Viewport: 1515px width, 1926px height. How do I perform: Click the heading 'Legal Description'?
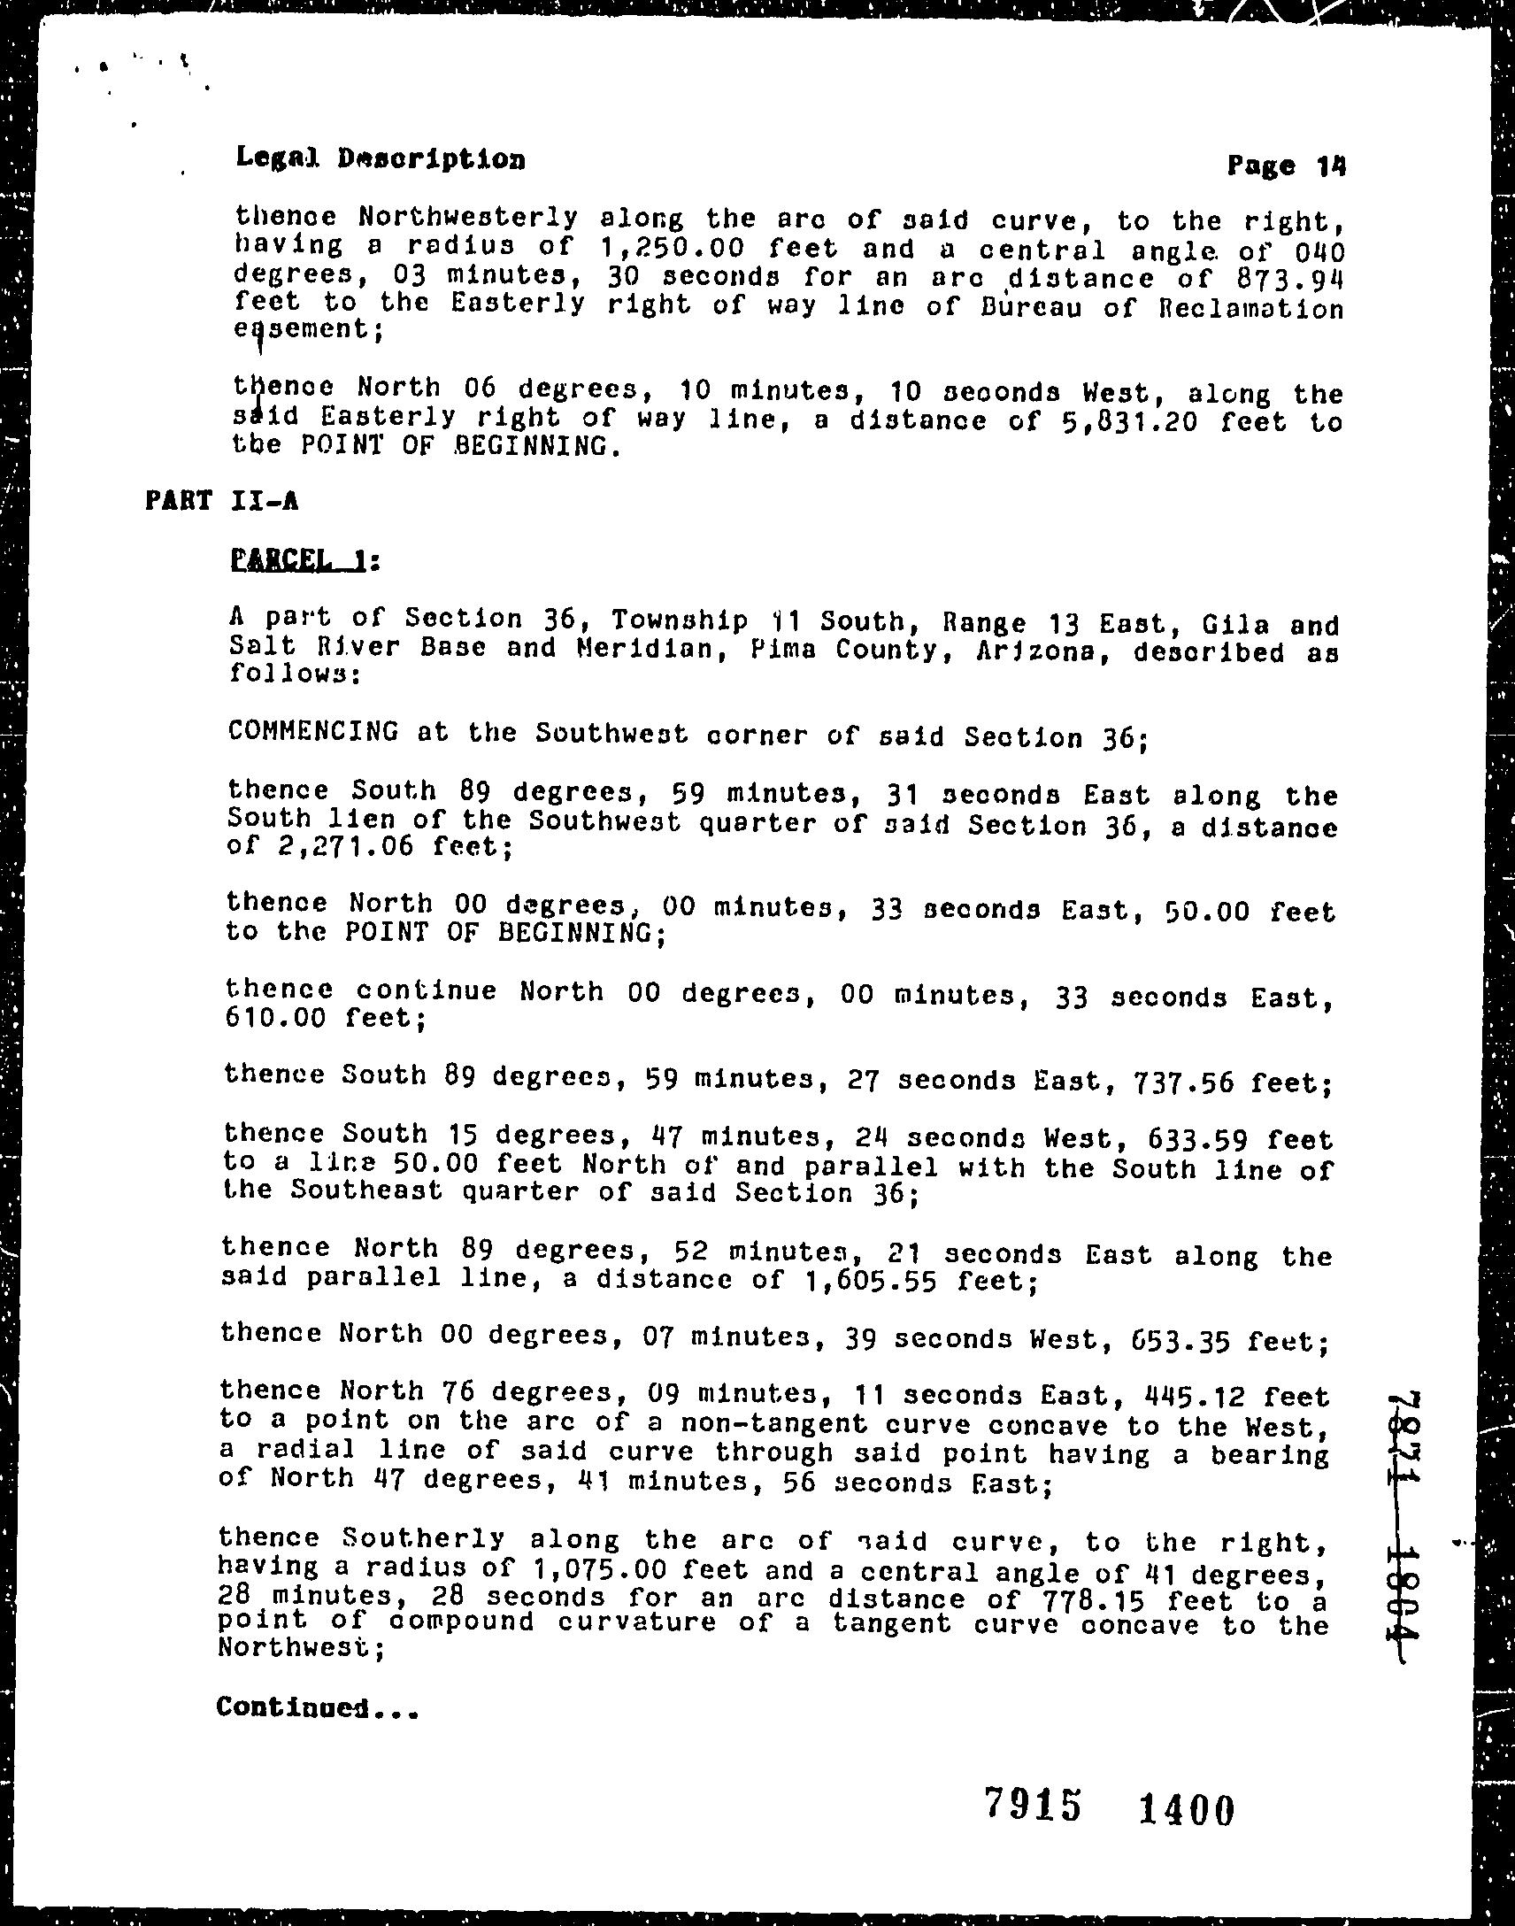[381, 158]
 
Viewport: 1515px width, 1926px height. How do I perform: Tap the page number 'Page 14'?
[1285, 166]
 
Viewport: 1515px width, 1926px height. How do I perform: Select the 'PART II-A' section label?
[222, 500]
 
